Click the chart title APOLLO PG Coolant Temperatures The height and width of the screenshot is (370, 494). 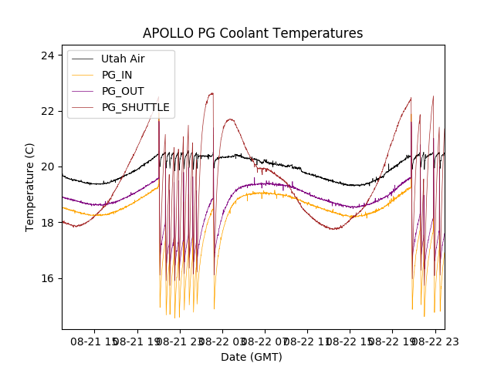(x=252, y=33)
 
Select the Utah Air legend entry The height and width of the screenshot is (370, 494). (x=122, y=59)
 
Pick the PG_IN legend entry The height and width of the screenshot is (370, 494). (x=117, y=75)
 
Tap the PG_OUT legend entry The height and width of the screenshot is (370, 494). (x=122, y=91)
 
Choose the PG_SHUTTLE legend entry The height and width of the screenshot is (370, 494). (x=135, y=107)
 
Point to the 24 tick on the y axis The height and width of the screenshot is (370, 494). (x=47, y=55)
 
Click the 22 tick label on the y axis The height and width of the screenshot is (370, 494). (x=47, y=111)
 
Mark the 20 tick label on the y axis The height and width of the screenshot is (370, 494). (x=47, y=166)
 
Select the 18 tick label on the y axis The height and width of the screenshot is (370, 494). (x=47, y=223)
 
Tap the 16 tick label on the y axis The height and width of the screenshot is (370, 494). (x=47, y=278)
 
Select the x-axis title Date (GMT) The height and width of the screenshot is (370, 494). (x=252, y=357)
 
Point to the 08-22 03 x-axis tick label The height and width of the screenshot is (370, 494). (x=223, y=341)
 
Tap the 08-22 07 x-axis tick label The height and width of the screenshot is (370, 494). (x=265, y=341)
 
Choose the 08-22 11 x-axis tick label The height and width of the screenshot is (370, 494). (x=307, y=341)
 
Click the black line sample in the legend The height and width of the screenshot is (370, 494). (x=83, y=59)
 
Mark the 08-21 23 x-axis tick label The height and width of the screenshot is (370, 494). (x=181, y=341)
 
